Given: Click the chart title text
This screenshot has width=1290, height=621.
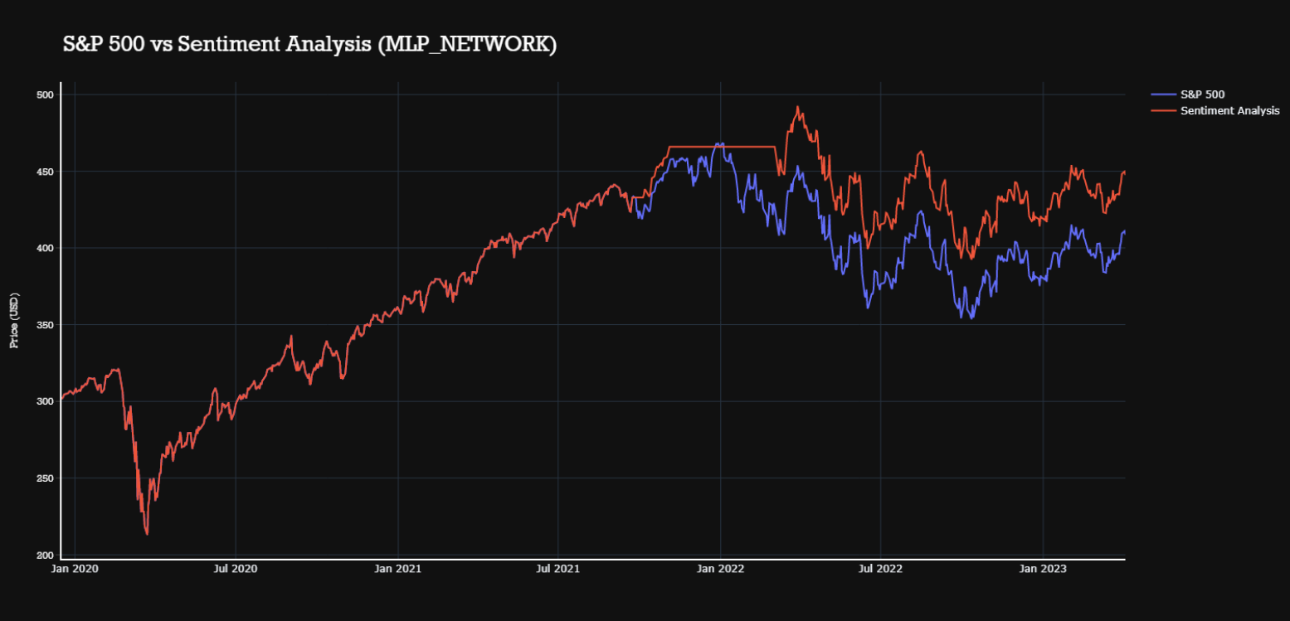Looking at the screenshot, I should pyautogui.click(x=309, y=45).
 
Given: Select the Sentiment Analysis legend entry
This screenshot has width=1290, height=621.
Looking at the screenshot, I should pyautogui.click(x=1229, y=110).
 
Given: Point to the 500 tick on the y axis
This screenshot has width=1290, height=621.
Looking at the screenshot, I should pyautogui.click(x=45, y=95).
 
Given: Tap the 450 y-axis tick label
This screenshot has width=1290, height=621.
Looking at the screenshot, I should pyautogui.click(x=45, y=172).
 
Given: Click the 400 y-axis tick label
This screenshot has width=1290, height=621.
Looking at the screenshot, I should pyautogui.click(x=45, y=249).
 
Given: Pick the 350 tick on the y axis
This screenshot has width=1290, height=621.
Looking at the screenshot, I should pyautogui.click(x=45, y=325).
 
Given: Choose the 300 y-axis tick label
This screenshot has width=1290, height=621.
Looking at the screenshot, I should pyautogui.click(x=45, y=401).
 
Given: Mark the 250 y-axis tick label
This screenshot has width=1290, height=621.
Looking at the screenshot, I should pyautogui.click(x=45, y=478).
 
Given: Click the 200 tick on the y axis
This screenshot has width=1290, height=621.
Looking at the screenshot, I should pyautogui.click(x=45, y=555).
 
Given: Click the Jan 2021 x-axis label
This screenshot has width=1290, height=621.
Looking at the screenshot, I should pyautogui.click(x=398, y=569).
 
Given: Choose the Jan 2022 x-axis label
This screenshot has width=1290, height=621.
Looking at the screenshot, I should pyautogui.click(x=720, y=569).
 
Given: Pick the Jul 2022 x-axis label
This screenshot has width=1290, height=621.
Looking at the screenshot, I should pyautogui.click(x=880, y=569).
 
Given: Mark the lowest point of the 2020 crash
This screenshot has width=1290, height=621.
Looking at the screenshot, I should pyautogui.click(x=147, y=534).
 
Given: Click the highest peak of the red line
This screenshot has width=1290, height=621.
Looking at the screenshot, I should pyautogui.click(x=797, y=107).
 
